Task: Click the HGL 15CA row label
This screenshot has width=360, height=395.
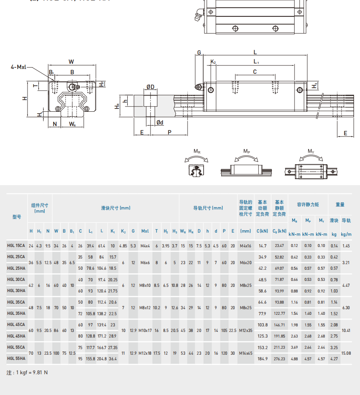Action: (x=16, y=246)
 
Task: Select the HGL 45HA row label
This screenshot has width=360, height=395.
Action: (x=16, y=336)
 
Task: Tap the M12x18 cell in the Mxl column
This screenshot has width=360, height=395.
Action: (x=145, y=353)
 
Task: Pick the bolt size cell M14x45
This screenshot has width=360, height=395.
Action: (x=245, y=353)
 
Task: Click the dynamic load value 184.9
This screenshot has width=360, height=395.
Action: (x=262, y=359)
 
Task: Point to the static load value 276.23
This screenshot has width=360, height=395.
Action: (x=279, y=359)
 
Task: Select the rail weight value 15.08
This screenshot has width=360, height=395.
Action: (x=346, y=353)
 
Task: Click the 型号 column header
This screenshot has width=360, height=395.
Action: (x=17, y=217)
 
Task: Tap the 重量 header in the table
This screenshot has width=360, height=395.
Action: (x=340, y=205)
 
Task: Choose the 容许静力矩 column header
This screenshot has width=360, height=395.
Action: (x=308, y=205)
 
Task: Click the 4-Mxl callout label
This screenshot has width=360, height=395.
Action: (x=18, y=67)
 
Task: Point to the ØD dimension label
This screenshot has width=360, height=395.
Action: (x=150, y=87)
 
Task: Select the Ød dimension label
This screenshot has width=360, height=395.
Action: (x=160, y=122)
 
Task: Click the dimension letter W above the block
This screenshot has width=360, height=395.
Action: (x=71, y=61)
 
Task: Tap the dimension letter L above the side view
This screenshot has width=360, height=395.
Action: (x=255, y=52)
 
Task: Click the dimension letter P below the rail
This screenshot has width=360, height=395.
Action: (x=169, y=132)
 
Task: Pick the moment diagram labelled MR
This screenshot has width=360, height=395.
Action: (x=197, y=164)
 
